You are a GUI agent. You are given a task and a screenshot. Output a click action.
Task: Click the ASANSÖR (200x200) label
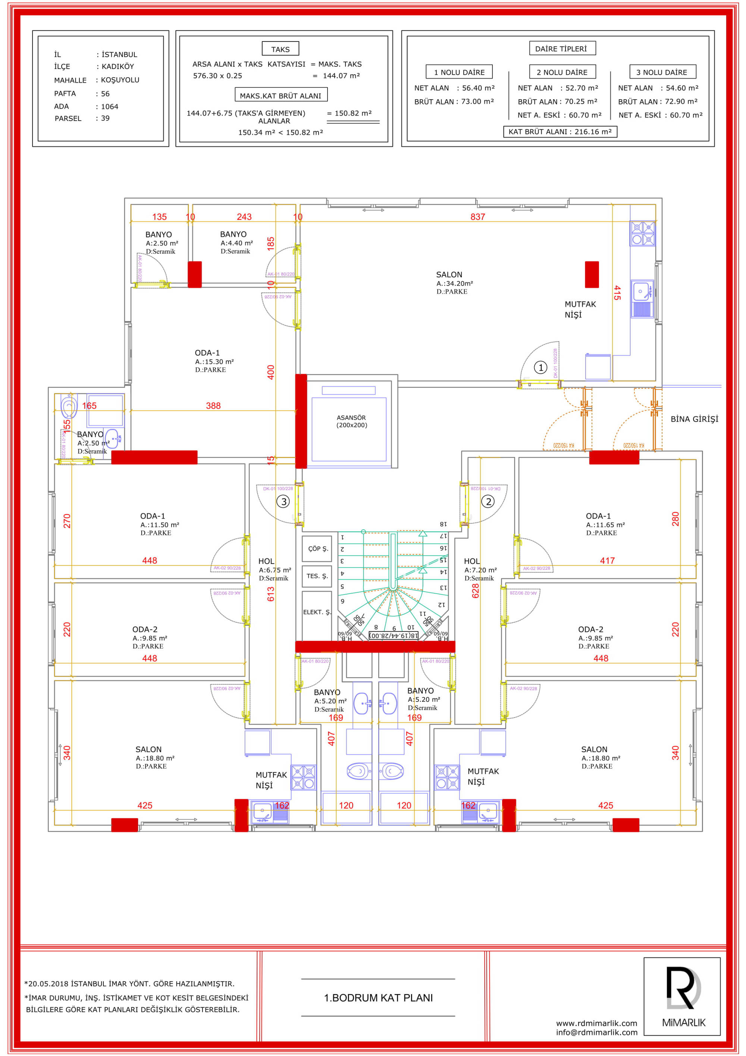point(352,421)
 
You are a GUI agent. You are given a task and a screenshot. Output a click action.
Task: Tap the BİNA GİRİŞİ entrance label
point(694,419)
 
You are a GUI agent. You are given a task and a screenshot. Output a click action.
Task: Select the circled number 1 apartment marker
point(540,367)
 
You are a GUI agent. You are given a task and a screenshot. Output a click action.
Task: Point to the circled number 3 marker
point(283,501)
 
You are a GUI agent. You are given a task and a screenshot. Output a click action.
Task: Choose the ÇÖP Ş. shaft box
point(317,549)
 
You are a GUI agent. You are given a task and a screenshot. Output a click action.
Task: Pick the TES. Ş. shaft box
point(317,576)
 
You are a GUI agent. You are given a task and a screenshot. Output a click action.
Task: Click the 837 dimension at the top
point(477,217)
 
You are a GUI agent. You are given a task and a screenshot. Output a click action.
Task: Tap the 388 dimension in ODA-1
point(213,406)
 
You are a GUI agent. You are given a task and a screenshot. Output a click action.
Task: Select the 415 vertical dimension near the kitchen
point(617,293)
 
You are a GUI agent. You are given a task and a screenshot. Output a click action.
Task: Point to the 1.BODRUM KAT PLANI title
point(378,998)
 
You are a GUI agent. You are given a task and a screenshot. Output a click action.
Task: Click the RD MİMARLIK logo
point(683,996)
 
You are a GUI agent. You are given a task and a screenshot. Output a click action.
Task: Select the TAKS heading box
point(280,49)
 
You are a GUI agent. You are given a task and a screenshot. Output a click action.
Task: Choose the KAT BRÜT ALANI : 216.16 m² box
point(560,131)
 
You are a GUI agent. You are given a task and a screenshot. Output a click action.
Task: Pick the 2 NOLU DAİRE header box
point(562,72)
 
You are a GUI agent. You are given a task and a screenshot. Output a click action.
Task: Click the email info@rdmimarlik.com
point(597,1032)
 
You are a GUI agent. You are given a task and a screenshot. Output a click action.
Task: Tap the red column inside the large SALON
point(592,275)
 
